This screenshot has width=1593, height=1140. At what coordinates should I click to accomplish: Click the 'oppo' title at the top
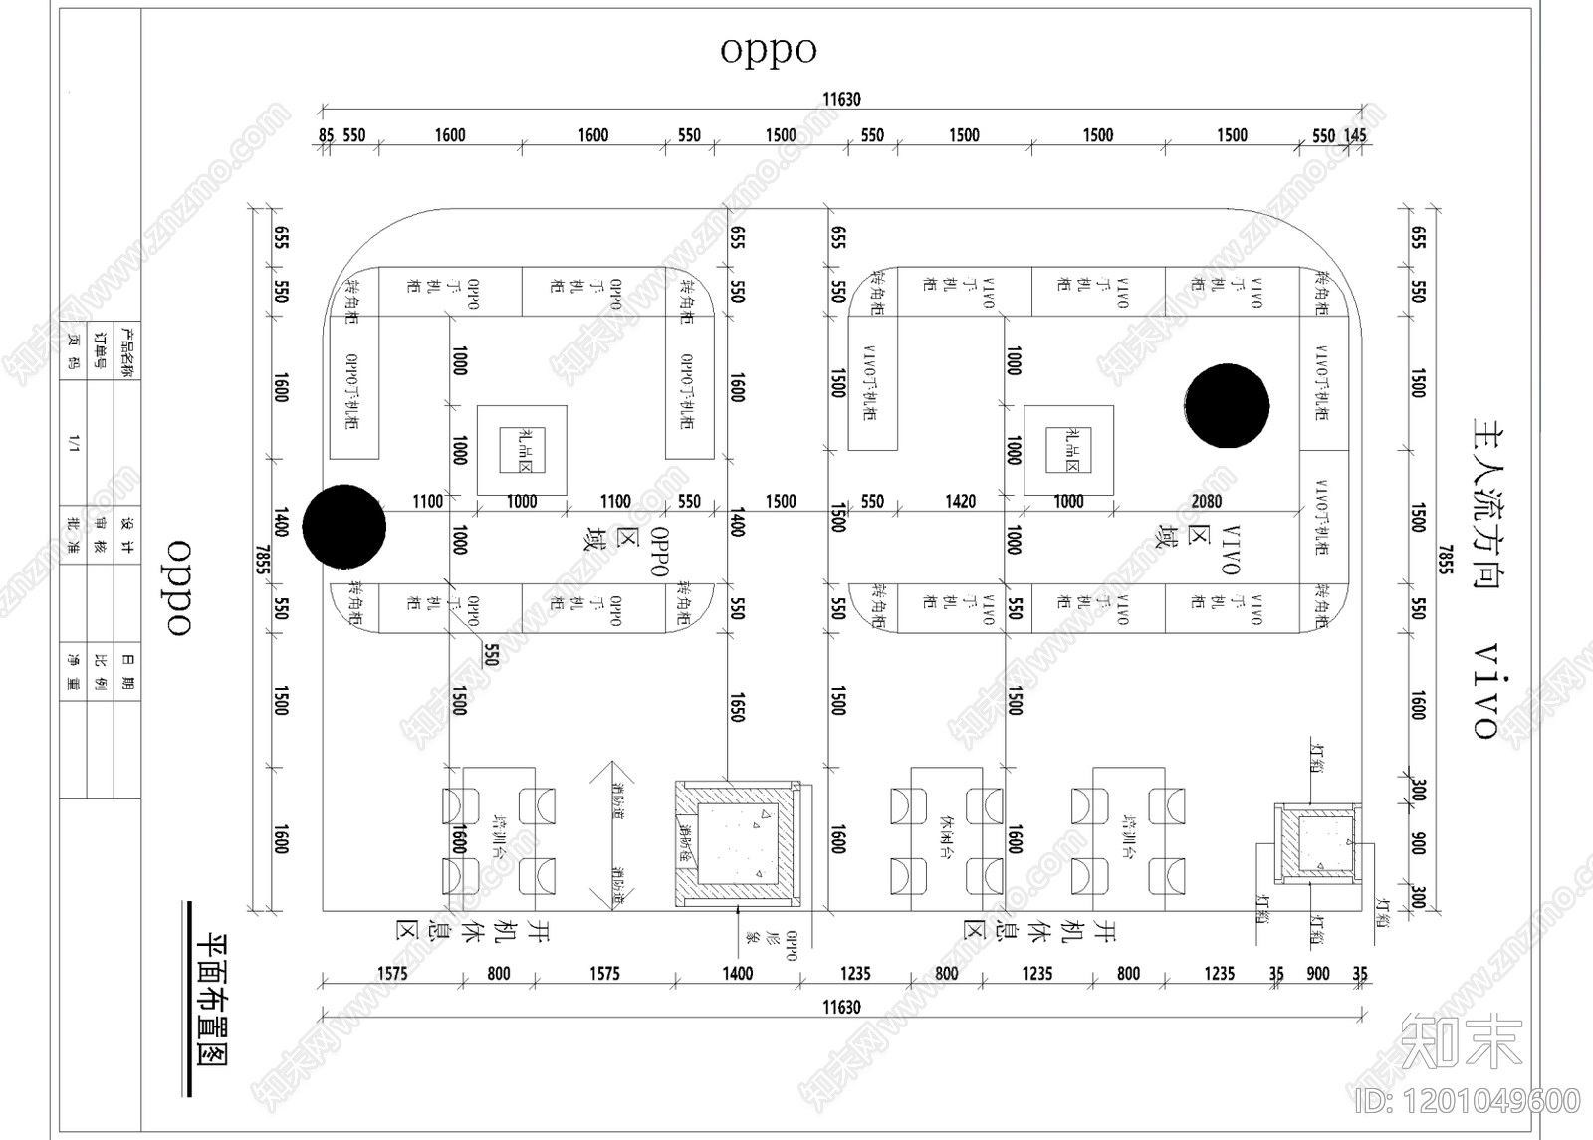tap(768, 50)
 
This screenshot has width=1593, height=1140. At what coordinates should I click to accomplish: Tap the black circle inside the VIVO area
tap(1227, 406)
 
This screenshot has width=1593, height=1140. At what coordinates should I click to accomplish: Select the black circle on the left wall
tap(344, 527)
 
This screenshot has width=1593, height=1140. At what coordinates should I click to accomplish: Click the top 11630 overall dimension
tap(841, 99)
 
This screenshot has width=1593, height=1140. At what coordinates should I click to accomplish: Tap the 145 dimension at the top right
tap(1355, 135)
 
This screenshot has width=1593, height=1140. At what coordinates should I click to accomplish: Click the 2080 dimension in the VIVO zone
tap(1206, 502)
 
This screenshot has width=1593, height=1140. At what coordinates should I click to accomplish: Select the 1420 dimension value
tap(960, 502)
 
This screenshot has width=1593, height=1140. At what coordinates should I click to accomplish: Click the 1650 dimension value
tap(737, 708)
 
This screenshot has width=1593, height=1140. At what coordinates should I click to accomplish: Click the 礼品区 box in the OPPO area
tap(522, 450)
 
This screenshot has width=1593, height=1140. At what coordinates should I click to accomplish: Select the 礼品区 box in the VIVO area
tap(1069, 450)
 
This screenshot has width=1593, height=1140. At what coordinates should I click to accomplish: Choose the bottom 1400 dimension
tap(737, 973)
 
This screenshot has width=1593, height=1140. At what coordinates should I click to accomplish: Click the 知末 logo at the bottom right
tap(1461, 1042)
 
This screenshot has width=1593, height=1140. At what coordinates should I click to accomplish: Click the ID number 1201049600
tap(1469, 1101)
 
